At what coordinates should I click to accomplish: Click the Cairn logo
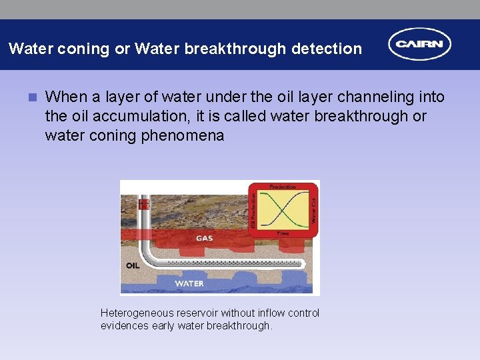pyautogui.click(x=420, y=45)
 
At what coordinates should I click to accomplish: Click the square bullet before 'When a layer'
pyautogui.click(x=31, y=97)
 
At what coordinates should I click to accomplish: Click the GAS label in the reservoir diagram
pyautogui.click(x=205, y=238)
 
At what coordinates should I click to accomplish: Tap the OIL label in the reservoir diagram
pyautogui.click(x=132, y=265)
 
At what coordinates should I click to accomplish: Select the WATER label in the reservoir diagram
pyautogui.click(x=189, y=283)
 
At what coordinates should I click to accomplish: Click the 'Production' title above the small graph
pyautogui.click(x=283, y=187)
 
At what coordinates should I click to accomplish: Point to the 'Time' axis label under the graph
pyautogui.click(x=283, y=233)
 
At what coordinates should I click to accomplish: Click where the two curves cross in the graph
pyautogui.click(x=283, y=210)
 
